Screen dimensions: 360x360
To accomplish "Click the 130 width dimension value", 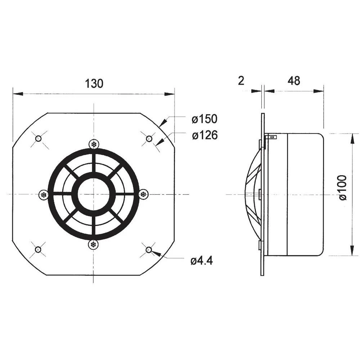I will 94,84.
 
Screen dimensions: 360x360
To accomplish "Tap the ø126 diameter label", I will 204,135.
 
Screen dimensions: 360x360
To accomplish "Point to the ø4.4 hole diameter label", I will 202,261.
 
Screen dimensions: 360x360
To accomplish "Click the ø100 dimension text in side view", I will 342,187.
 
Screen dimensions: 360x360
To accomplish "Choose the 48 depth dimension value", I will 294,81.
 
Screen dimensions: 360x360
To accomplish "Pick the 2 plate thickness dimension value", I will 241,81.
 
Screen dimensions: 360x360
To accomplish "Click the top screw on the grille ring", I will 94,144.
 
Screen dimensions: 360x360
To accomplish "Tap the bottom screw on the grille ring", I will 94,244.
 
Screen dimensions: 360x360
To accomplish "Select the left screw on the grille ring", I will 44,194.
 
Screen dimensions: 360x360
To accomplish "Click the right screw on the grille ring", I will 144,194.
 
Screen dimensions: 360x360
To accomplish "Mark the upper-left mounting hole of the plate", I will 38,139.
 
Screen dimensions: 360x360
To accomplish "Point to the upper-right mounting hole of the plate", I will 149,139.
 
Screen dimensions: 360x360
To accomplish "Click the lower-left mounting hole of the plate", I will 38,249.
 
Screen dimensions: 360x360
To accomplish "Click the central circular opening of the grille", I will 94,194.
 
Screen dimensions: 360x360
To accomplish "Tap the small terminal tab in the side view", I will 271,137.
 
